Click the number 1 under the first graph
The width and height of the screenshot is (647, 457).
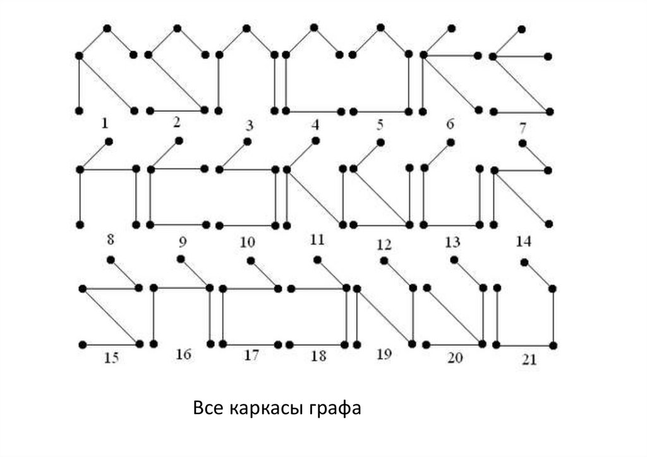coord(105,122)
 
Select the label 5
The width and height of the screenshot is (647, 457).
coord(380,124)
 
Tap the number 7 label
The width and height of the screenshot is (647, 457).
coord(523,128)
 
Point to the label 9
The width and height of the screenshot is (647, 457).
coord(183,241)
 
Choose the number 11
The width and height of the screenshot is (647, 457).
coord(317,240)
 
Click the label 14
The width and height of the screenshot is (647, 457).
coord(524,241)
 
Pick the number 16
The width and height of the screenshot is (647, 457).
coord(183,354)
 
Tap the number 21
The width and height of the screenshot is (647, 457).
coord(529,360)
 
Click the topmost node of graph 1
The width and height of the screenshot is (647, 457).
coord(107,28)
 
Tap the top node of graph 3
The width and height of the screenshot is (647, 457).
coord(246,28)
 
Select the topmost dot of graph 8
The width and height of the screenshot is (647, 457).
coord(109,142)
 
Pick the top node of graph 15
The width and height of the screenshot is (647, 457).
coord(111,259)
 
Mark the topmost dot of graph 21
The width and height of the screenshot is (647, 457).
coord(524,262)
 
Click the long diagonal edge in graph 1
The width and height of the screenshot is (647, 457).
coord(106,83)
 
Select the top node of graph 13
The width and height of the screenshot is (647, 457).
coord(450,142)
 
